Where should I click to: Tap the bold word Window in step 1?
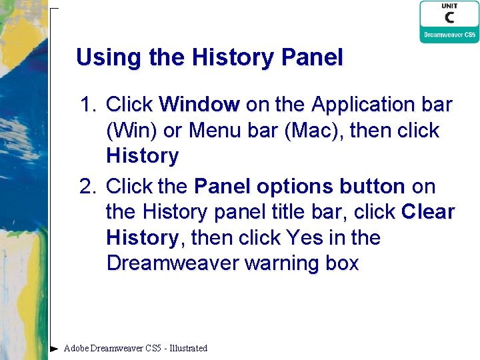click(199, 105)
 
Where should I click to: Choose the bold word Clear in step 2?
click(428, 212)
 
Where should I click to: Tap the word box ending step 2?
click(342, 263)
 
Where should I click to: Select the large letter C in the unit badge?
click(449, 18)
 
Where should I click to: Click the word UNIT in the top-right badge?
click(449, 6)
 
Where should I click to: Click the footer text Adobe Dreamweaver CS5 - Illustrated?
click(135, 348)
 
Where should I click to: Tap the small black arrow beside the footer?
click(55, 348)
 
